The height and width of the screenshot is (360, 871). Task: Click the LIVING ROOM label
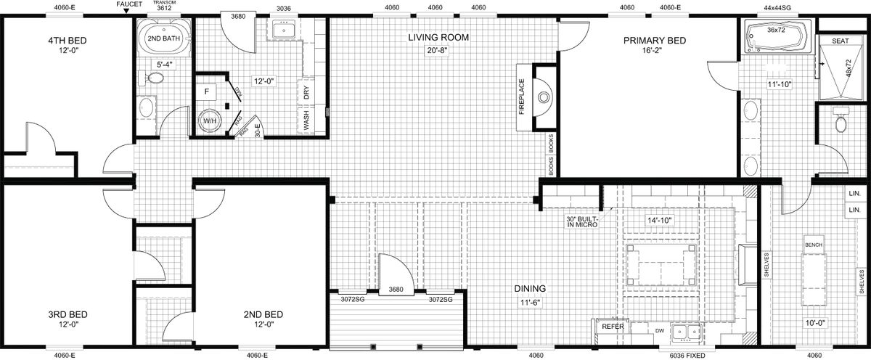(x=438, y=37)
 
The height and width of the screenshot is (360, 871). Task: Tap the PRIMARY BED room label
(x=655, y=41)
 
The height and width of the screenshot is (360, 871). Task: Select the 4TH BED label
(x=68, y=41)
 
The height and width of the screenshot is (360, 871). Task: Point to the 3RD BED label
(x=68, y=314)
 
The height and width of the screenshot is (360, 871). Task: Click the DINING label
(x=530, y=288)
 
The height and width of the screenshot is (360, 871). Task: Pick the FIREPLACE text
(x=521, y=97)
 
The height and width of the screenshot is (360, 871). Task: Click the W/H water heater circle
(x=210, y=121)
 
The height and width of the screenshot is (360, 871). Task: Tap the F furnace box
(x=207, y=91)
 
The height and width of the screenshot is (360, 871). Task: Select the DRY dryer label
(x=306, y=92)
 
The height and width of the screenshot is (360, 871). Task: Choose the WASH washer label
(x=306, y=120)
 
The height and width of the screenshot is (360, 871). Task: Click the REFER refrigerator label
(x=613, y=327)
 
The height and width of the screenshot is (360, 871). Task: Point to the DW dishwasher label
(x=660, y=331)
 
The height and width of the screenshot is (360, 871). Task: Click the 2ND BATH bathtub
(x=164, y=38)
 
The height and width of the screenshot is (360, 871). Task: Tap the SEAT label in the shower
(x=841, y=41)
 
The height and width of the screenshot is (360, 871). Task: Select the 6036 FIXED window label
(x=687, y=356)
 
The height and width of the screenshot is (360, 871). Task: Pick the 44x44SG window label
(x=772, y=7)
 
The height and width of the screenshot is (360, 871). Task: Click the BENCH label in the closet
(x=814, y=245)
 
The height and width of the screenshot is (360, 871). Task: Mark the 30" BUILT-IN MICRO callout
(x=581, y=221)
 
